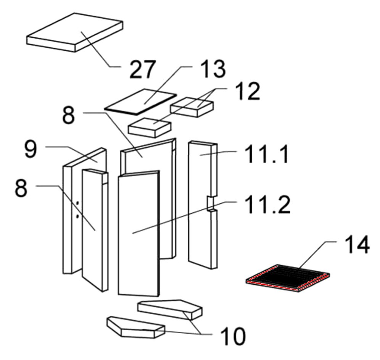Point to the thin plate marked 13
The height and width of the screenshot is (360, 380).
[140, 101]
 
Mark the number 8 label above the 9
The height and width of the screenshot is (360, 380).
[69, 115]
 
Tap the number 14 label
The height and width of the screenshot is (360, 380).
[357, 245]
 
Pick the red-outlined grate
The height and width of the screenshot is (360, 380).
[287, 278]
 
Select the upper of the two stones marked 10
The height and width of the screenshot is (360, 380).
[170, 307]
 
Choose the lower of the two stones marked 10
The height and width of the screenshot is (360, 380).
[135, 327]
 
